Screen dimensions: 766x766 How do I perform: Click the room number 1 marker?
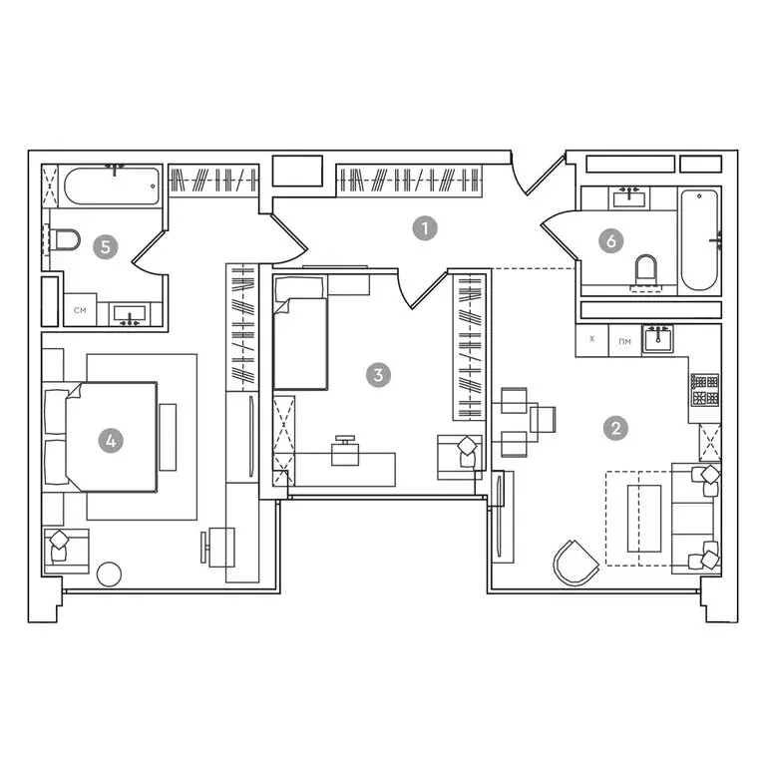tap(425, 228)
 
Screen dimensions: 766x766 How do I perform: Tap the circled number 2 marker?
tap(615, 428)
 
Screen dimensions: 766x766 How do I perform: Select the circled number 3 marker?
tap(378, 375)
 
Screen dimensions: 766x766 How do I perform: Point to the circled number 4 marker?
tap(111, 441)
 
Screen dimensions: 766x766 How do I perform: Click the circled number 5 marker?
tap(106, 246)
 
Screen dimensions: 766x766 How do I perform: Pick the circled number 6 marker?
tap(610, 240)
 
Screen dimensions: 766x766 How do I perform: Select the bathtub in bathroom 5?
tap(112, 187)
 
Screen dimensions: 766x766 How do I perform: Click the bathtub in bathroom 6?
tap(699, 239)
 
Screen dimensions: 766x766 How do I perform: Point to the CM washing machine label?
tap(80, 310)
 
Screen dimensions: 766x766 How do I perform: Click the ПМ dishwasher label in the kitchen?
tap(624, 341)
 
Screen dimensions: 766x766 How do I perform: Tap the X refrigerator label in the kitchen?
tap(592, 338)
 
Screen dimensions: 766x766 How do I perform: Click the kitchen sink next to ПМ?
tap(658, 338)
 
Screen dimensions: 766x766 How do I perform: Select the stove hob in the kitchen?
tap(705, 390)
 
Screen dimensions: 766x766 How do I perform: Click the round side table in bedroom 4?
tap(109, 574)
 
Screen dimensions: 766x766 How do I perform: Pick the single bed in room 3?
tap(300, 333)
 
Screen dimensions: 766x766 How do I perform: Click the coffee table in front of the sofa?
tap(644, 519)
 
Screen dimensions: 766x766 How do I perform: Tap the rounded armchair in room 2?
tap(575, 563)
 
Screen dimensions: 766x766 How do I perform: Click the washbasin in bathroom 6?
tap(629, 197)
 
